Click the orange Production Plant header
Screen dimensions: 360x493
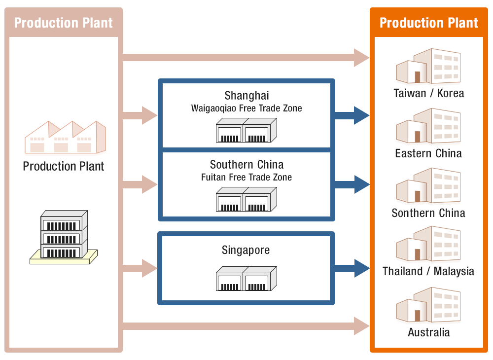point(428,23)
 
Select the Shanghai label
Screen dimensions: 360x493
point(246,95)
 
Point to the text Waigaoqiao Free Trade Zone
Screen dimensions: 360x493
point(246,108)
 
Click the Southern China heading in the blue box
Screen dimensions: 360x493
point(246,164)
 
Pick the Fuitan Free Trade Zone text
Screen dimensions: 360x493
point(246,177)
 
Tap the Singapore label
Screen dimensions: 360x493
point(246,250)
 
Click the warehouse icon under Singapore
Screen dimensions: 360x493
point(246,279)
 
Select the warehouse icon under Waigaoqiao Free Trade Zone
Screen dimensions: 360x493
point(246,130)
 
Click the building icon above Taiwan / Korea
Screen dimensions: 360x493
point(428,67)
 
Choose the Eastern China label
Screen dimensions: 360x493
point(428,153)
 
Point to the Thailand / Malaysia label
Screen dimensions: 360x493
point(428,271)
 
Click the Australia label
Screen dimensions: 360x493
point(428,332)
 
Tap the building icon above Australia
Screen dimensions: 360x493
point(428,305)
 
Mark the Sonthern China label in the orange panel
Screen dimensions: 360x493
point(428,213)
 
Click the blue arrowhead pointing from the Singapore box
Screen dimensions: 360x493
point(362,268)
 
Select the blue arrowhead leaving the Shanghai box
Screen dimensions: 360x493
point(362,115)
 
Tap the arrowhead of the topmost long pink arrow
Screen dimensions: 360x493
point(362,58)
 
